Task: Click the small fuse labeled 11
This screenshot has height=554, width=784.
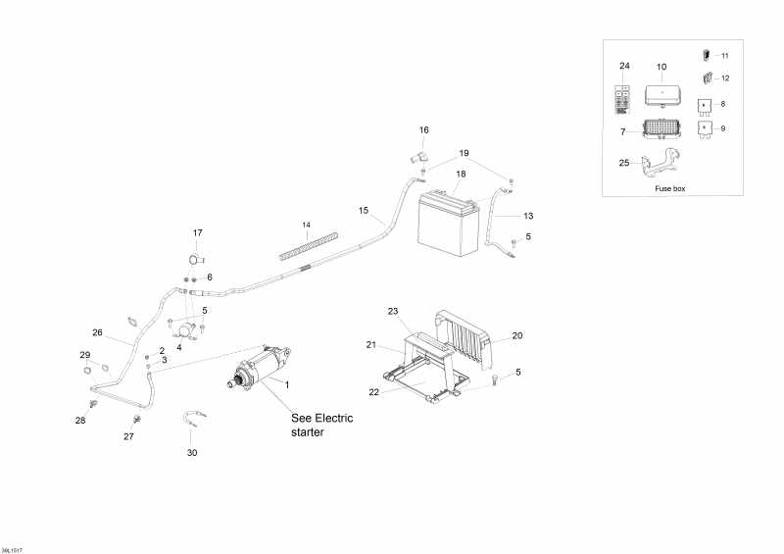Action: point(706,56)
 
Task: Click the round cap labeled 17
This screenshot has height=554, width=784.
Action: point(193,259)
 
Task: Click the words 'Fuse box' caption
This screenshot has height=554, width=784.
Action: point(670,187)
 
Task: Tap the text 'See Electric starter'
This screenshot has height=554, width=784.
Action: point(322,425)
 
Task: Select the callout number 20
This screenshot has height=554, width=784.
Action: point(516,335)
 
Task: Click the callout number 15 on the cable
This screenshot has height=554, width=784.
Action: point(363,211)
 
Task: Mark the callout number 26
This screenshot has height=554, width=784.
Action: point(97,331)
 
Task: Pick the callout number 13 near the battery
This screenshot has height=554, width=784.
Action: point(528,215)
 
